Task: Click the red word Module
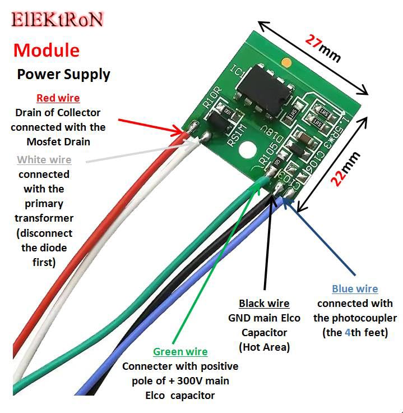pos(46,50)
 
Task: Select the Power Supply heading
pos(63,74)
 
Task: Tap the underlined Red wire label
pos(58,98)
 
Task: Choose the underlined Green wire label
pos(180,352)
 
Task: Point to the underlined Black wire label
pos(264,304)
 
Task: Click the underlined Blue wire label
pos(355,289)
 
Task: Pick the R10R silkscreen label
pos(210,102)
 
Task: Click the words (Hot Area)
pos(264,347)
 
